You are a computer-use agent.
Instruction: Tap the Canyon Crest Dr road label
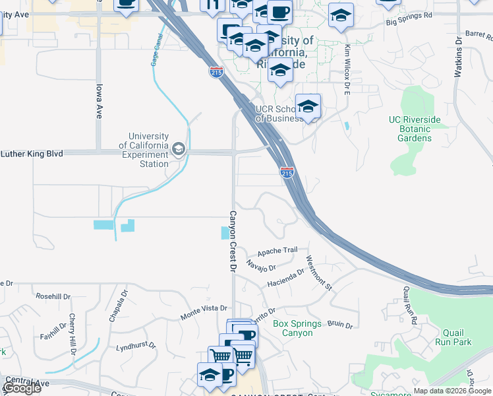(x=232, y=241)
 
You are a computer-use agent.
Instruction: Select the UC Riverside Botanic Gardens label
(x=415, y=129)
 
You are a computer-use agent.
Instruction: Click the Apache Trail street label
(x=277, y=251)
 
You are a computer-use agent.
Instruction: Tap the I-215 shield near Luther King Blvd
(x=287, y=173)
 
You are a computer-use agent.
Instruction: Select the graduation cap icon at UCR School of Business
(x=308, y=106)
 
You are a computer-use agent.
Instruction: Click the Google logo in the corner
(x=22, y=388)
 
